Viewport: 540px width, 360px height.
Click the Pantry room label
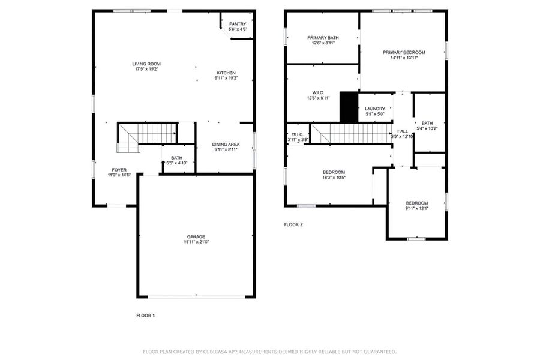tap(238, 25)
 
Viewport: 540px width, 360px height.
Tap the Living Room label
tap(146, 64)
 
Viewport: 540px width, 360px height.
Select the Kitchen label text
tap(226, 73)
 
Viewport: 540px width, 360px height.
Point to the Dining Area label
tap(227, 145)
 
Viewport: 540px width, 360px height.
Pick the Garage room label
tap(196, 237)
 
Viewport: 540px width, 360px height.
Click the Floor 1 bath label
tap(176, 158)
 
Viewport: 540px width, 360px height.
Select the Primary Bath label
tap(323, 38)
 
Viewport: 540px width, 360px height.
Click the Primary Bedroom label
tap(404, 53)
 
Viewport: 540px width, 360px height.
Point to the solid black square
tap(349, 107)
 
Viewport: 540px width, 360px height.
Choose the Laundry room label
tap(375, 109)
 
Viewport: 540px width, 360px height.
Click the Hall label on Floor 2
tap(402, 131)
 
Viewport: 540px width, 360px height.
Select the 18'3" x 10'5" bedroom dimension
tap(334, 178)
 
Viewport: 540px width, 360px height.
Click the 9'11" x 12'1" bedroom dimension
tap(416, 209)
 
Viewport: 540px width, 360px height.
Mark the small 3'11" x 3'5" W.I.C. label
tap(298, 134)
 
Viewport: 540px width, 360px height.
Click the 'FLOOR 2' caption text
tap(293, 225)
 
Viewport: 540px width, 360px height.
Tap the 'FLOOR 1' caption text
tap(146, 315)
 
